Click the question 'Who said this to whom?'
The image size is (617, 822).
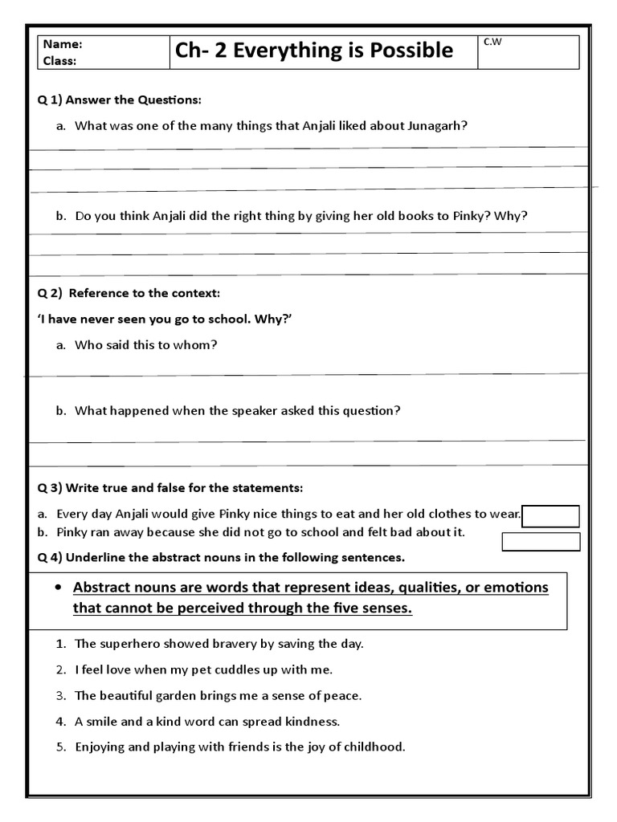click(146, 344)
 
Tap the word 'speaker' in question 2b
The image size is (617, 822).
click(253, 410)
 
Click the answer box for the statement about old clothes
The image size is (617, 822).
click(551, 516)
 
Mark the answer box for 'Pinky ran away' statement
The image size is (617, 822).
click(541, 542)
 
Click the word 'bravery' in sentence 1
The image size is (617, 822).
click(236, 643)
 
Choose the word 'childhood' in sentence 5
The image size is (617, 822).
click(374, 747)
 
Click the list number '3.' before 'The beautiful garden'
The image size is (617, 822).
click(61, 694)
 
